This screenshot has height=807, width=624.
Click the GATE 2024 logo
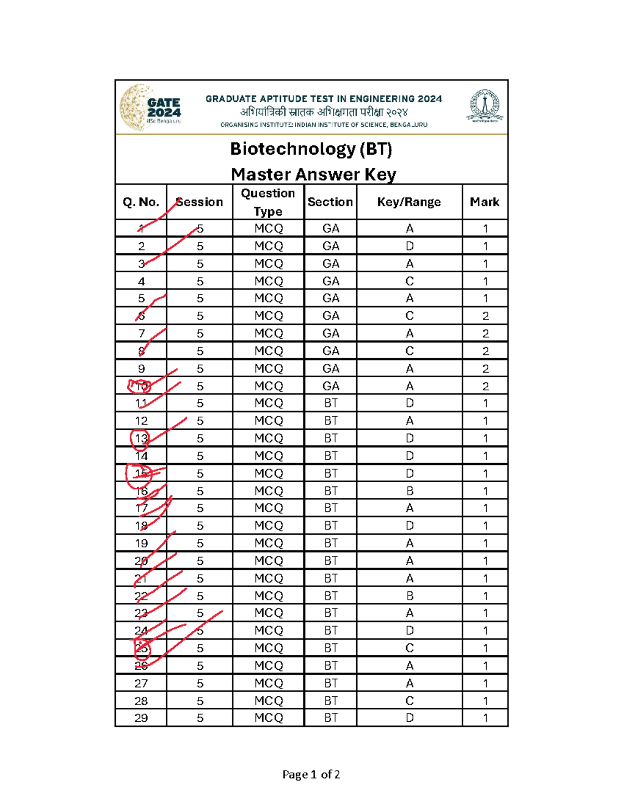tap(151, 108)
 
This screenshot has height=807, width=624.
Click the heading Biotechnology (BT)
tap(311, 149)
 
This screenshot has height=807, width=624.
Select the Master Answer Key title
tap(313, 174)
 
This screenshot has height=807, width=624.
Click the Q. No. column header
tap(141, 202)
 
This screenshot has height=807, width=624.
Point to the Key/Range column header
tap(409, 202)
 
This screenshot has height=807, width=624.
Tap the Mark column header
tap(485, 202)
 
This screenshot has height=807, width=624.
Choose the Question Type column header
tap(268, 202)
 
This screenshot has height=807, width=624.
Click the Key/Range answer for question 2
tap(410, 246)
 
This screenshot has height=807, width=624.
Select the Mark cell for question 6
tap(485, 316)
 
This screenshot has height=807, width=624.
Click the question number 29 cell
tap(141, 718)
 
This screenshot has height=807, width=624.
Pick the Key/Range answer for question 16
tap(410, 491)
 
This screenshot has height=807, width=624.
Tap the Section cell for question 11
tap(331, 403)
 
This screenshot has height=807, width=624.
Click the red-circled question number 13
tap(141, 439)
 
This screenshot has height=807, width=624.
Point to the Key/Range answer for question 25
tap(410, 649)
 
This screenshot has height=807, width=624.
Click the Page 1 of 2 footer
tap(311, 775)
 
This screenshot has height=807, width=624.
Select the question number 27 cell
tap(141, 683)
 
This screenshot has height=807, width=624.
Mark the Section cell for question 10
tap(331, 386)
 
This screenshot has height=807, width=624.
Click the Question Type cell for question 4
tap(268, 281)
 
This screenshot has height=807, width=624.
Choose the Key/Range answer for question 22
tap(410, 596)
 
